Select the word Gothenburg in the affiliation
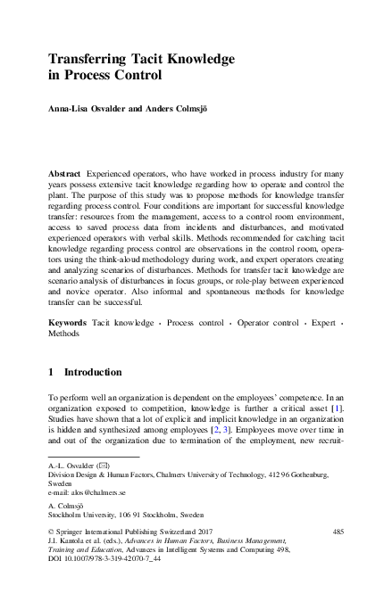pos(321,475)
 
